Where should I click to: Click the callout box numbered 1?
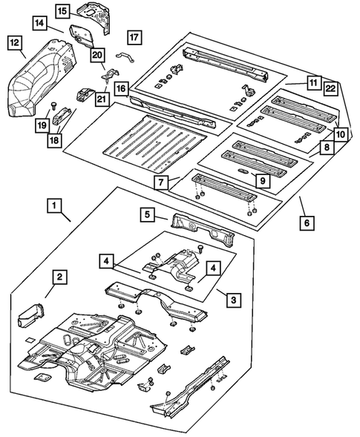click(55, 203)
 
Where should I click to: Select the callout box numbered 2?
click(59, 277)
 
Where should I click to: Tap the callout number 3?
click(233, 299)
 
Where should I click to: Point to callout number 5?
click(148, 215)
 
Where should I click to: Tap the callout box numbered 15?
click(64, 10)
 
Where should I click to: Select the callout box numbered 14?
click(39, 24)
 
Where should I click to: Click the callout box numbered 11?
click(313, 83)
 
